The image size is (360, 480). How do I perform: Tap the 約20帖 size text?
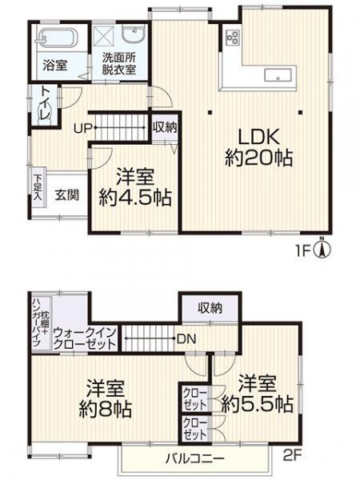(x=257, y=158)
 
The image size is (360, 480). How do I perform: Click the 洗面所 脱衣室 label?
(x=118, y=63)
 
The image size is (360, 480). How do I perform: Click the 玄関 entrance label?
(x=67, y=194)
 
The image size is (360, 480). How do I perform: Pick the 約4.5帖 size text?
(x=134, y=198)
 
